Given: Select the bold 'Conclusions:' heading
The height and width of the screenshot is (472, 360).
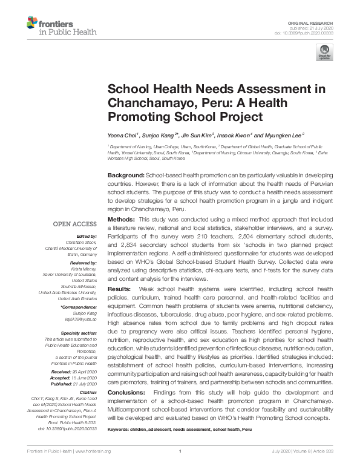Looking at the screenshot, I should coord(125,393).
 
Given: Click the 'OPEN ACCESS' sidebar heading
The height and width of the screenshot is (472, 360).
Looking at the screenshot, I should coord(76,224).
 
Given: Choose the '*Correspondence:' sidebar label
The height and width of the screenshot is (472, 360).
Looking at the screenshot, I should coord(79,307).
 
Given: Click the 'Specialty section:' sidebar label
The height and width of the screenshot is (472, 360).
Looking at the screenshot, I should coord(79,333).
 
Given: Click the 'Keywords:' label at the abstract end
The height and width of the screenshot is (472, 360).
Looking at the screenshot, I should coord(119,428).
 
